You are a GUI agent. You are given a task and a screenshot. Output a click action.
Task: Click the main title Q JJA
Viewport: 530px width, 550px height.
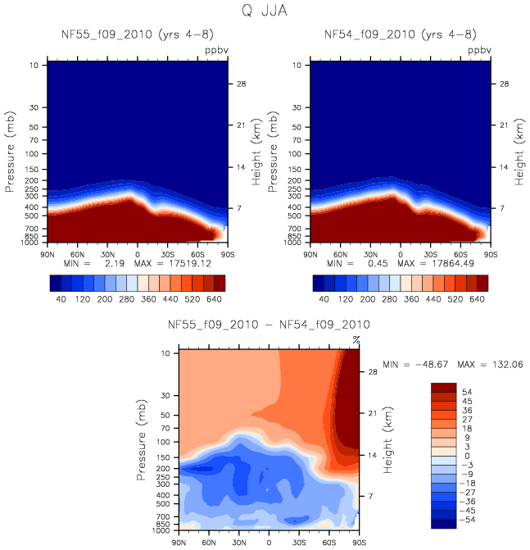[265, 11]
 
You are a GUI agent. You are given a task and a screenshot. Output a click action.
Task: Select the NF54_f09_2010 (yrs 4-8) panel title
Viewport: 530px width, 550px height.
[401, 34]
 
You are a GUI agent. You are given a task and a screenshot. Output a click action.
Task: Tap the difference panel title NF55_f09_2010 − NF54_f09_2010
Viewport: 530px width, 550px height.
[269, 325]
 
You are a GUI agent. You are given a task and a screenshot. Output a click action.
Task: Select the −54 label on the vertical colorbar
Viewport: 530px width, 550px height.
[467, 520]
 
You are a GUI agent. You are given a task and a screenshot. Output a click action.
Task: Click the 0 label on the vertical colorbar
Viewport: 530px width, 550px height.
[466, 457]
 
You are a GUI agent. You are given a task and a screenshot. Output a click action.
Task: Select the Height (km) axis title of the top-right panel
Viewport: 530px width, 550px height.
[519, 153]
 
